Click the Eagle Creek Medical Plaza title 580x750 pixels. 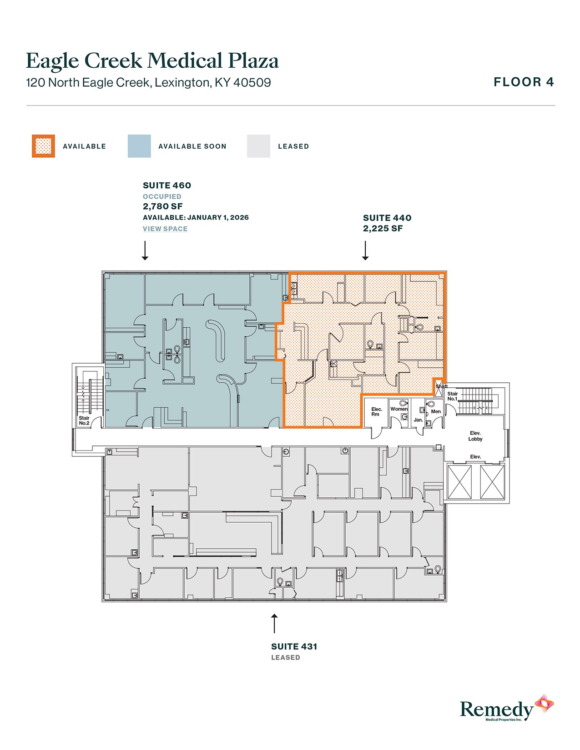152,61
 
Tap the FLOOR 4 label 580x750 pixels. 524,82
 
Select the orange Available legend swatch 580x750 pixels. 43,146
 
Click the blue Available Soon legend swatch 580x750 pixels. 139,146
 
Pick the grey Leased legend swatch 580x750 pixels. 258,146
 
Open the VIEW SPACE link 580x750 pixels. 165,229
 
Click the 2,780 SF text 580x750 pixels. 163,206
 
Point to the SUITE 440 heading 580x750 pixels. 387,218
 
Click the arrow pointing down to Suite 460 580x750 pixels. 145,250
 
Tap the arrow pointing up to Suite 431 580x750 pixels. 274,623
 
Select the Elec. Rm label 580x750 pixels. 376,412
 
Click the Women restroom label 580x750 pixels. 399,409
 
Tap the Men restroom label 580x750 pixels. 436,412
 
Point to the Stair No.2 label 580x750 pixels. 84,420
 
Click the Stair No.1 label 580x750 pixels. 452,396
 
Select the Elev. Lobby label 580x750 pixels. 475,436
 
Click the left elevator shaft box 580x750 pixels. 459,482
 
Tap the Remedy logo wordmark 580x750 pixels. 496,710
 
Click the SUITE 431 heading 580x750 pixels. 294,647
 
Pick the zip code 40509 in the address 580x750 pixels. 252,83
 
